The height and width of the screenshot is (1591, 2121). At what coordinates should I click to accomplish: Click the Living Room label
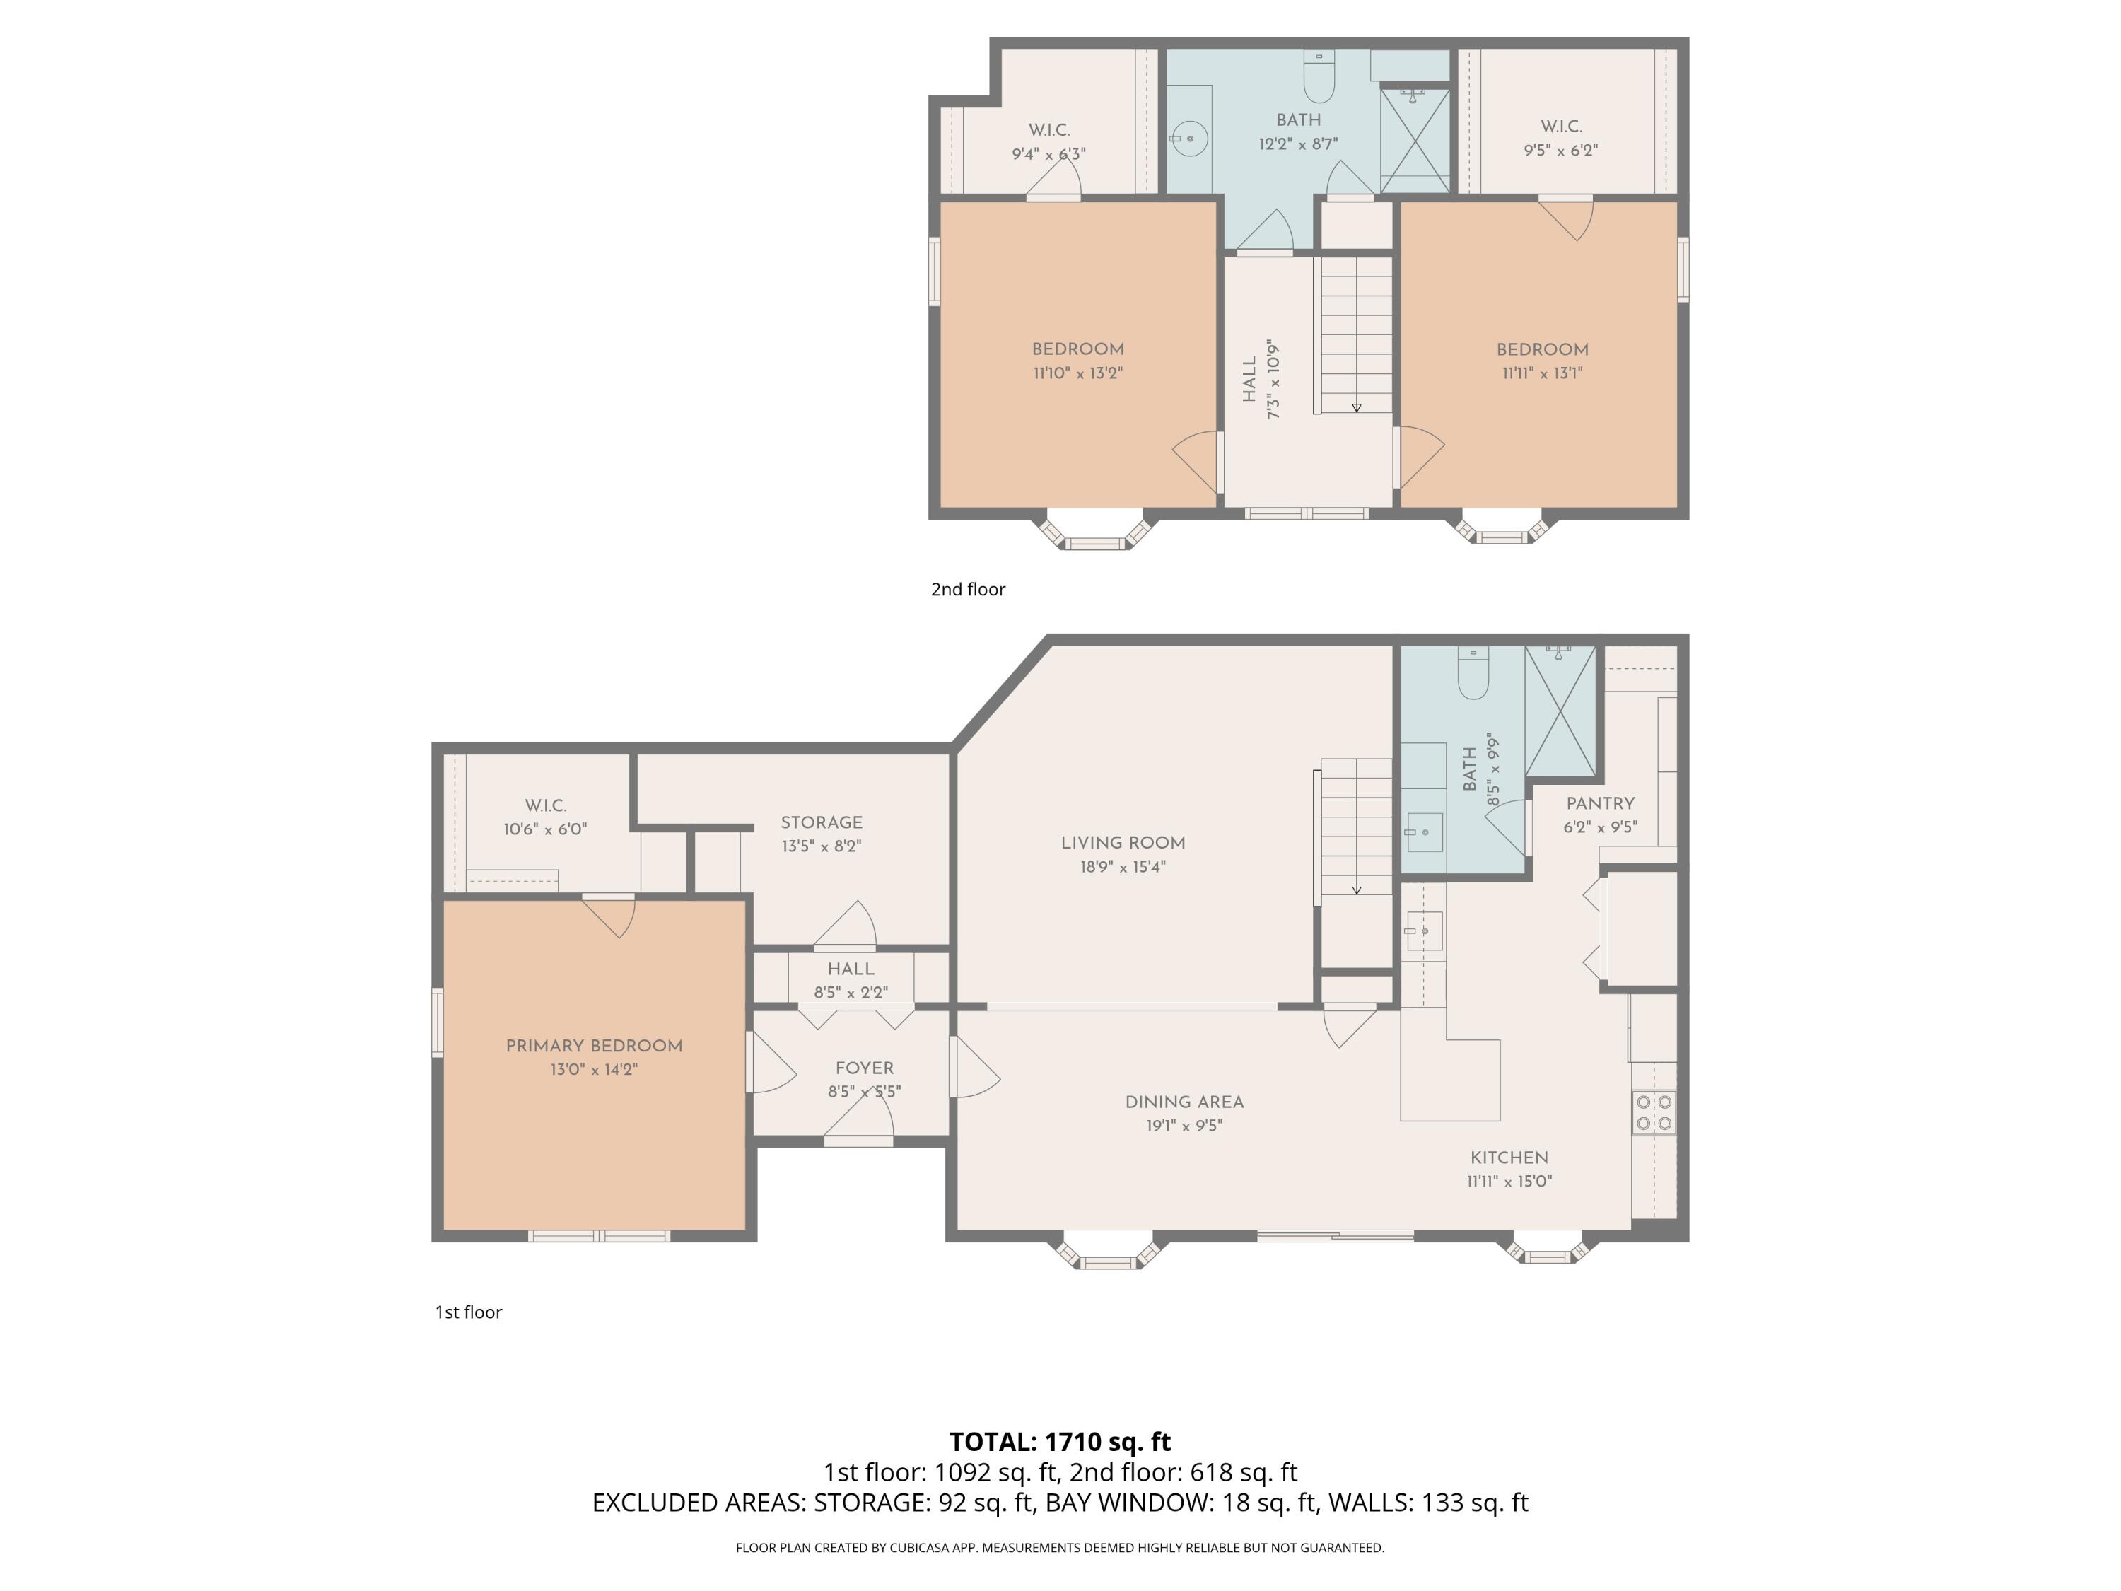[x=1123, y=843]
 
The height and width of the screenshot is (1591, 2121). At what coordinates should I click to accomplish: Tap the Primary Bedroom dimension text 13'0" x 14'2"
[x=594, y=1069]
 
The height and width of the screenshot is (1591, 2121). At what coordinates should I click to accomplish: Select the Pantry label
[x=1601, y=804]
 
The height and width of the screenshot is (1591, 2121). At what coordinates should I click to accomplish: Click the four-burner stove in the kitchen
[x=1654, y=1112]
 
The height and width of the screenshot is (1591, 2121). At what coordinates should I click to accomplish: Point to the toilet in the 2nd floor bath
[x=1319, y=76]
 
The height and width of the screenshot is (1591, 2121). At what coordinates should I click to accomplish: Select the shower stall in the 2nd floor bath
[x=1415, y=140]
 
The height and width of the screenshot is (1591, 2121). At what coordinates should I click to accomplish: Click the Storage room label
[x=822, y=823]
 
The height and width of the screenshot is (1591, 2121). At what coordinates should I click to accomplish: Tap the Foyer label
[x=864, y=1068]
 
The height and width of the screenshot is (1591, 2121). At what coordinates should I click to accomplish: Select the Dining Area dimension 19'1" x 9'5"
[x=1184, y=1126]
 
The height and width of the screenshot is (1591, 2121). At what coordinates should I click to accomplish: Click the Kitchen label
[x=1509, y=1158]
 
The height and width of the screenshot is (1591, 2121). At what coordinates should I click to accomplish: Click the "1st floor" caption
[x=469, y=1312]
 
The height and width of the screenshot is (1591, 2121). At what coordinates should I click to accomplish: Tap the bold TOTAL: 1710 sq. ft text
[x=1060, y=1441]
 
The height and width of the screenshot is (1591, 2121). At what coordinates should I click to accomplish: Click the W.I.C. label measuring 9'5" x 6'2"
[x=1561, y=127]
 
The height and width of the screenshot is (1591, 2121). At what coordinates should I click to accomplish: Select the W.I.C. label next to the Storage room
[x=546, y=805]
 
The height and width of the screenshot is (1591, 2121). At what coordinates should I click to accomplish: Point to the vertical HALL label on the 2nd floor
[x=1249, y=380]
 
